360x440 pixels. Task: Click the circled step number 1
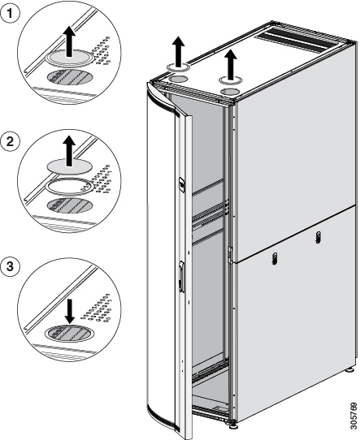pos(10,13)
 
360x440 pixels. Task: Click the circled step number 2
pos(10,141)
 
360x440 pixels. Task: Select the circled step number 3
pos(10,266)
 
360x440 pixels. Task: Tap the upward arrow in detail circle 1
pos(69,41)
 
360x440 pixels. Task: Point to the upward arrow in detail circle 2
pos(69,151)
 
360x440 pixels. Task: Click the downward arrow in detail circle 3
pos(69,311)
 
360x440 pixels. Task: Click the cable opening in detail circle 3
pos(69,334)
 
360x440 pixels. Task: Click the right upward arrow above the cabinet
pos(231,64)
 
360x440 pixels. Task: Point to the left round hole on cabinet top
pos(178,79)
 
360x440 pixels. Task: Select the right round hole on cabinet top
pos(230,92)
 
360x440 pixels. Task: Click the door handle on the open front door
pos(182,277)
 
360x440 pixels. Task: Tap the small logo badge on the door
pos(182,184)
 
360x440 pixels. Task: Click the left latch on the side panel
pos(275,258)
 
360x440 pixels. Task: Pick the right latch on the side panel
pos(319,237)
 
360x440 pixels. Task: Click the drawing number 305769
pos(353,416)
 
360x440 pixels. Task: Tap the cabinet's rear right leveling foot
pos(350,369)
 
